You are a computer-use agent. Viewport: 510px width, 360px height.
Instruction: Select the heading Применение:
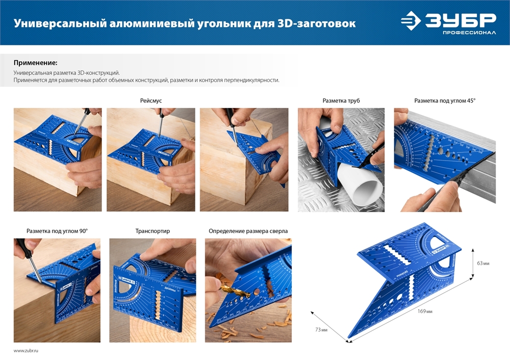(35, 63)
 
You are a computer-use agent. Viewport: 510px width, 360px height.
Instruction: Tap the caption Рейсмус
(151, 101)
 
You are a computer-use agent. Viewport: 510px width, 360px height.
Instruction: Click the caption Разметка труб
(341, 101)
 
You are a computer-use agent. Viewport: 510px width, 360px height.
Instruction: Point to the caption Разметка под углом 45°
(444, 101)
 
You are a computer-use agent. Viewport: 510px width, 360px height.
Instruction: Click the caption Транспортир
(152, 231)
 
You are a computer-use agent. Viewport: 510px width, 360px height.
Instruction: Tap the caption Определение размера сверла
(248, 231)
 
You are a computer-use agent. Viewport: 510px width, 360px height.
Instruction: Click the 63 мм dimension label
(482, 263)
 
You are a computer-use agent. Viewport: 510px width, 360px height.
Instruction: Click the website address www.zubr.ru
(26, 351)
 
